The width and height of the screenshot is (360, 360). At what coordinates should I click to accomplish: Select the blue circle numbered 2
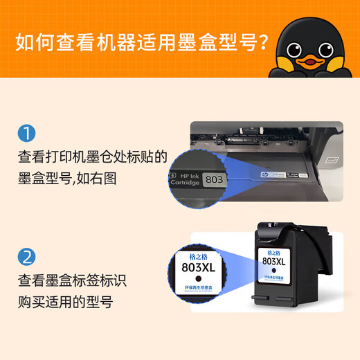(26, 258)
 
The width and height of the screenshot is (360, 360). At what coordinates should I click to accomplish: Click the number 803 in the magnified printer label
(215, 179)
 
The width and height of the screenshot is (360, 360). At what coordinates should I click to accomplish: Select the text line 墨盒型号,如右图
(68, 178)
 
